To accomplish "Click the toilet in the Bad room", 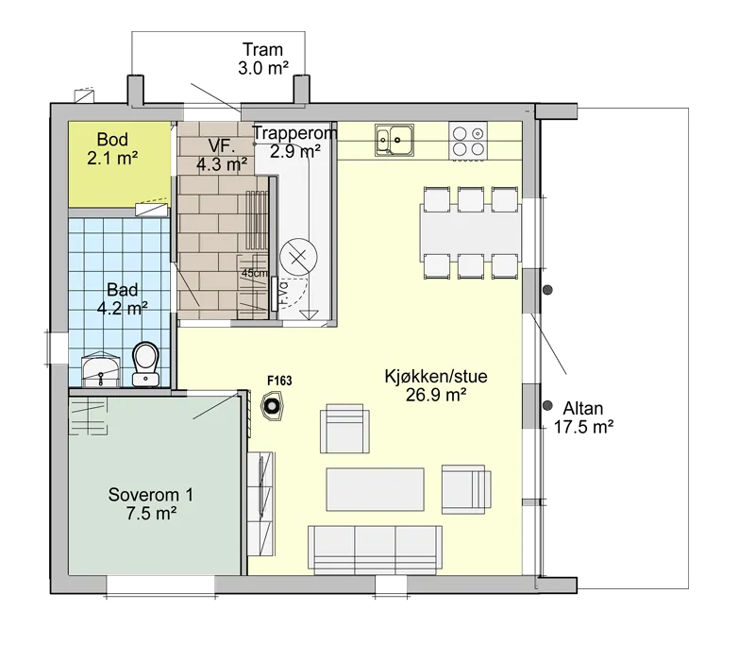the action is point(145,364).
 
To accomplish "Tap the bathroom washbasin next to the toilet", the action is point(101,370).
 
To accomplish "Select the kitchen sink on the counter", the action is point(394,140).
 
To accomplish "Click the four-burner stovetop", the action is point(467,141).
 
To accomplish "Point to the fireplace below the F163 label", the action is point(272,408).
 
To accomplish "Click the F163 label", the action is point(279,381).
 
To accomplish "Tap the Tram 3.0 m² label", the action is point(263,59).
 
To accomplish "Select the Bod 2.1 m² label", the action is point(112,148).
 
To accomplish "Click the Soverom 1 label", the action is point(151,495).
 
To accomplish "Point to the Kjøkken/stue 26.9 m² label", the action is point(436,385).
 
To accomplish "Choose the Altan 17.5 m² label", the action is point(583,417).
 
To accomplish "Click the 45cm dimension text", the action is point(254,273).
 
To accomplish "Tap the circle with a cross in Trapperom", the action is point(298,257).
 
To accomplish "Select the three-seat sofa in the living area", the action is point(375,550).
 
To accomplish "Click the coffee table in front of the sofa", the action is point(375,489).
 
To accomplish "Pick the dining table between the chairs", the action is point(470,233).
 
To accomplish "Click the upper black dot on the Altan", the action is point(548,290).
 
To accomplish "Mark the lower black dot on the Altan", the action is point(547,406).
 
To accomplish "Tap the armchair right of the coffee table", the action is point(466,488).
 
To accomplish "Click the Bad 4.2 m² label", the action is point(123,298).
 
